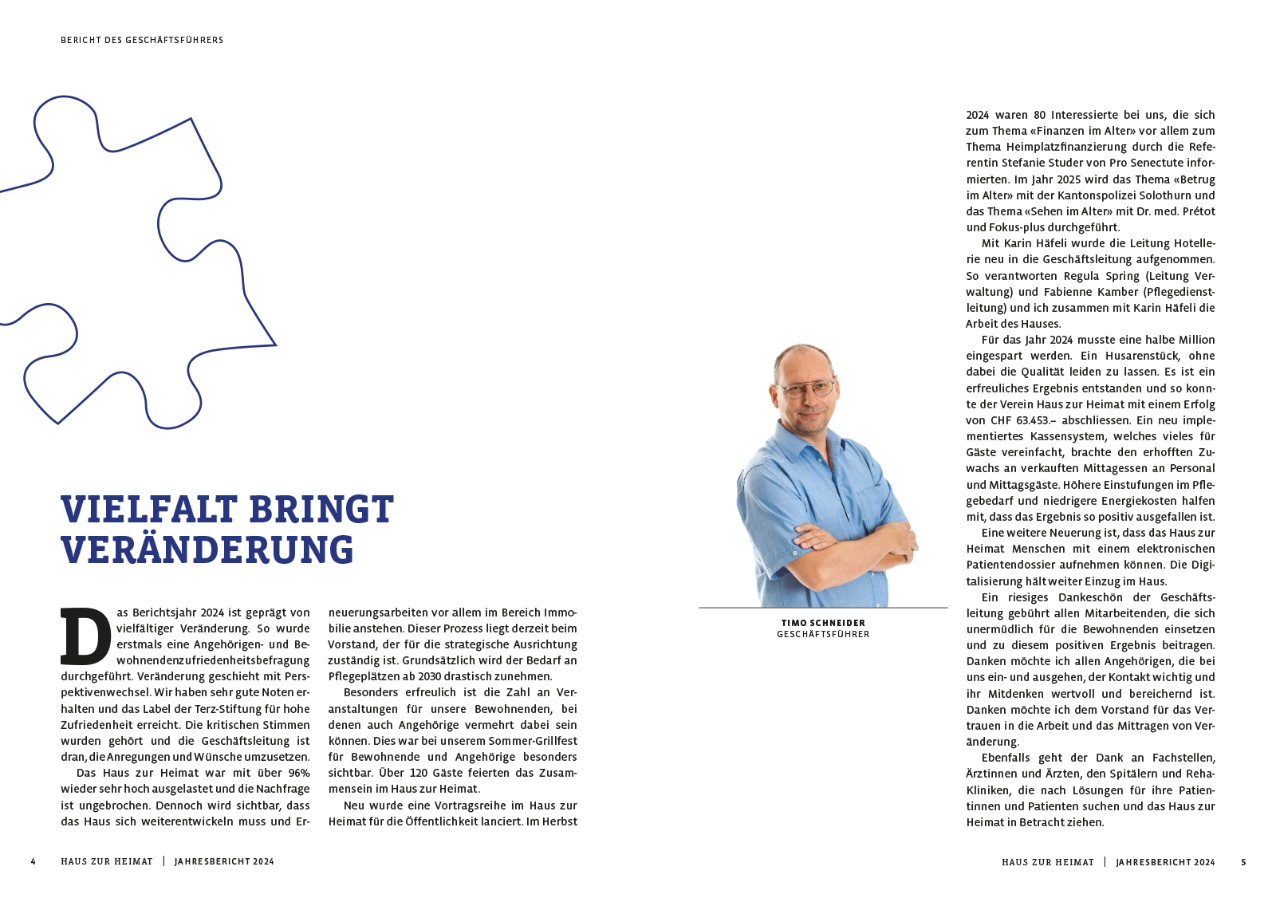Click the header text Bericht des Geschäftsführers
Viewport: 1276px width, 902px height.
(x=142, y=40)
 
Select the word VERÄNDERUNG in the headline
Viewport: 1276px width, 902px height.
(x=207, y=550)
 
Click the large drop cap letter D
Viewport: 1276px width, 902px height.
(x=85, y=637)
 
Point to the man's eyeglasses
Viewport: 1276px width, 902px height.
(x=805, y=389)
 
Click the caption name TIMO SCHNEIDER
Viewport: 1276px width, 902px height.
(x=823, y=623)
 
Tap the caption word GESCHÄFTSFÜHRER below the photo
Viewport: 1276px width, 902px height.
(x=823, y=635)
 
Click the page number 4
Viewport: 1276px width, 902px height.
(x=33, y=862)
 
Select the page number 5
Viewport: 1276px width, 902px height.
(x=1243, y=862)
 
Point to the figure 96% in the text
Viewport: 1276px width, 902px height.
(x=299, y=773)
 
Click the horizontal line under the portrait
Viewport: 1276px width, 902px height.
(x=823, y=608)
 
